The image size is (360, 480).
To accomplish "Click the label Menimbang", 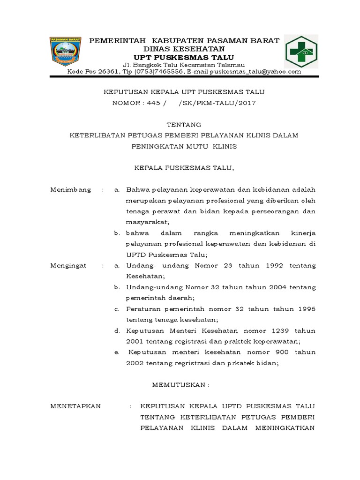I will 71,189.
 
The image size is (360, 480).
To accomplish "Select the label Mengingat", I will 69,265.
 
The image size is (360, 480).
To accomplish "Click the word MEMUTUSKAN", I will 181,384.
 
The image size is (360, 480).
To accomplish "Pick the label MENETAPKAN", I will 75,406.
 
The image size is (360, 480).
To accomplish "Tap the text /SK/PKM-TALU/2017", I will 218,103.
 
